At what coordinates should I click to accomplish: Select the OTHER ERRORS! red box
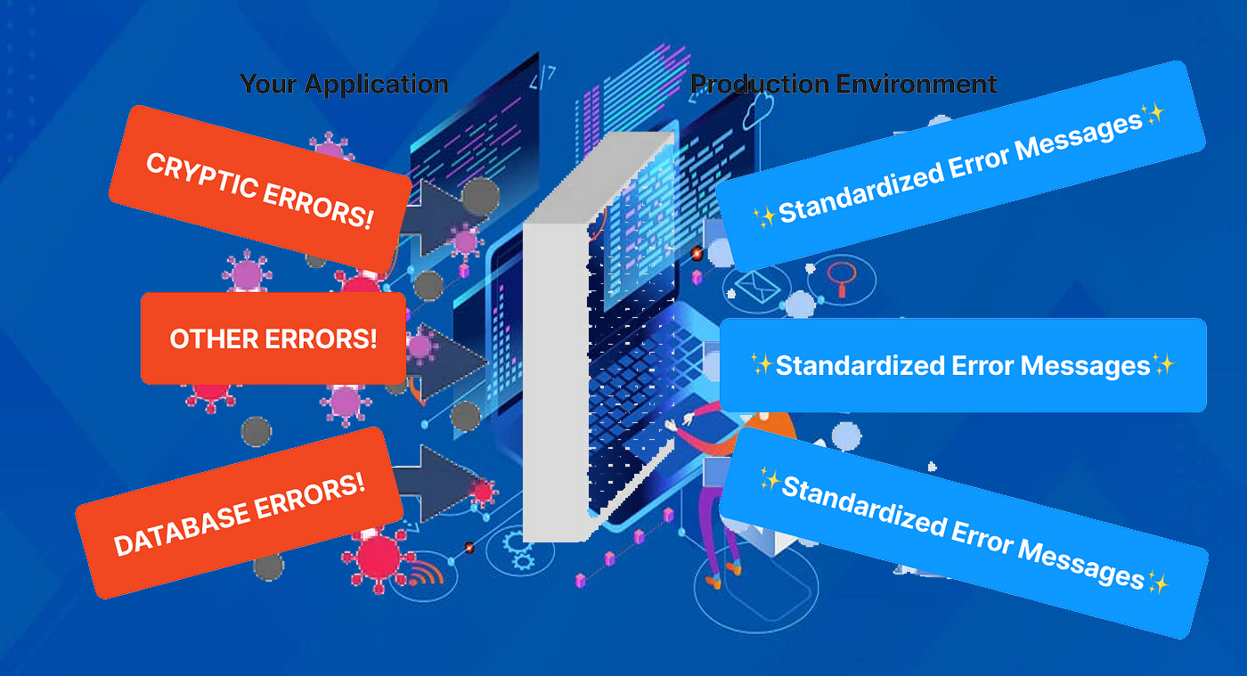[273, 338]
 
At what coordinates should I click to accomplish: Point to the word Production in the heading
[760, 85]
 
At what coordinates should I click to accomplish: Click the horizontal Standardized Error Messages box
[962, 365]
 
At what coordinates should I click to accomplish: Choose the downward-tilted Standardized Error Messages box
[962, 533]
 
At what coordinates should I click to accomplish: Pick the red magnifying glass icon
[840, 277]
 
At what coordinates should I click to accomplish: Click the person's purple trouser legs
[718, 525]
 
